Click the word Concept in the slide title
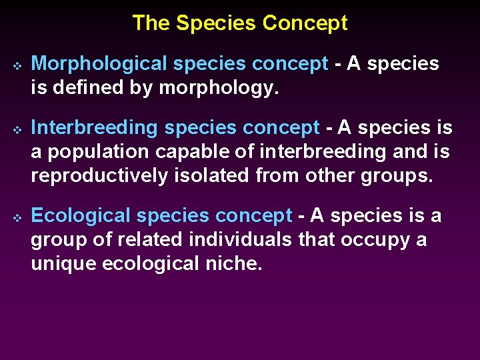305,23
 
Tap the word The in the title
151,23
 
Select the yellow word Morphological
99,64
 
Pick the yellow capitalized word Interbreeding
95,127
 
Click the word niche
236,263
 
